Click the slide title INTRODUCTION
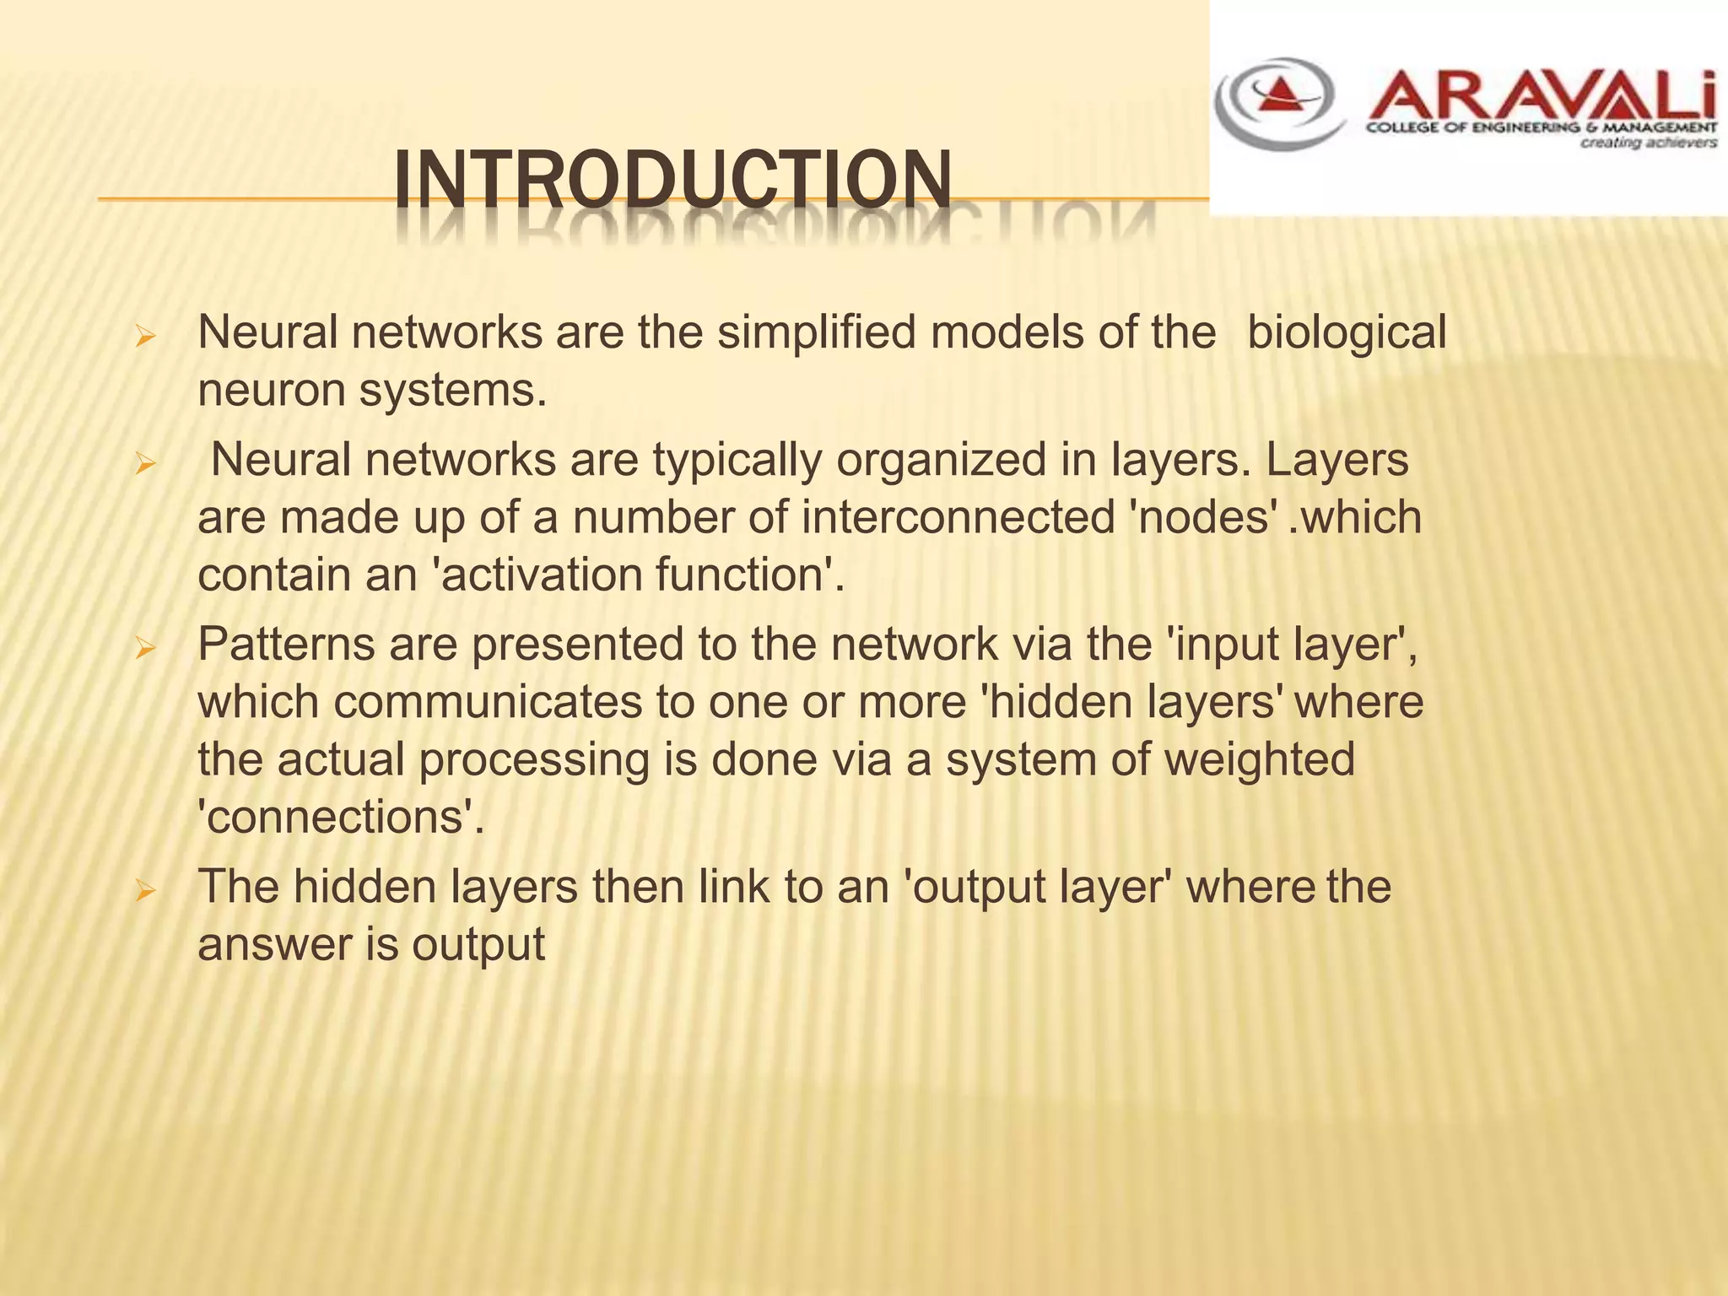coord(672,180)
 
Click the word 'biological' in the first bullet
coord(1346,332)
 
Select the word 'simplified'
coord(817,332)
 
